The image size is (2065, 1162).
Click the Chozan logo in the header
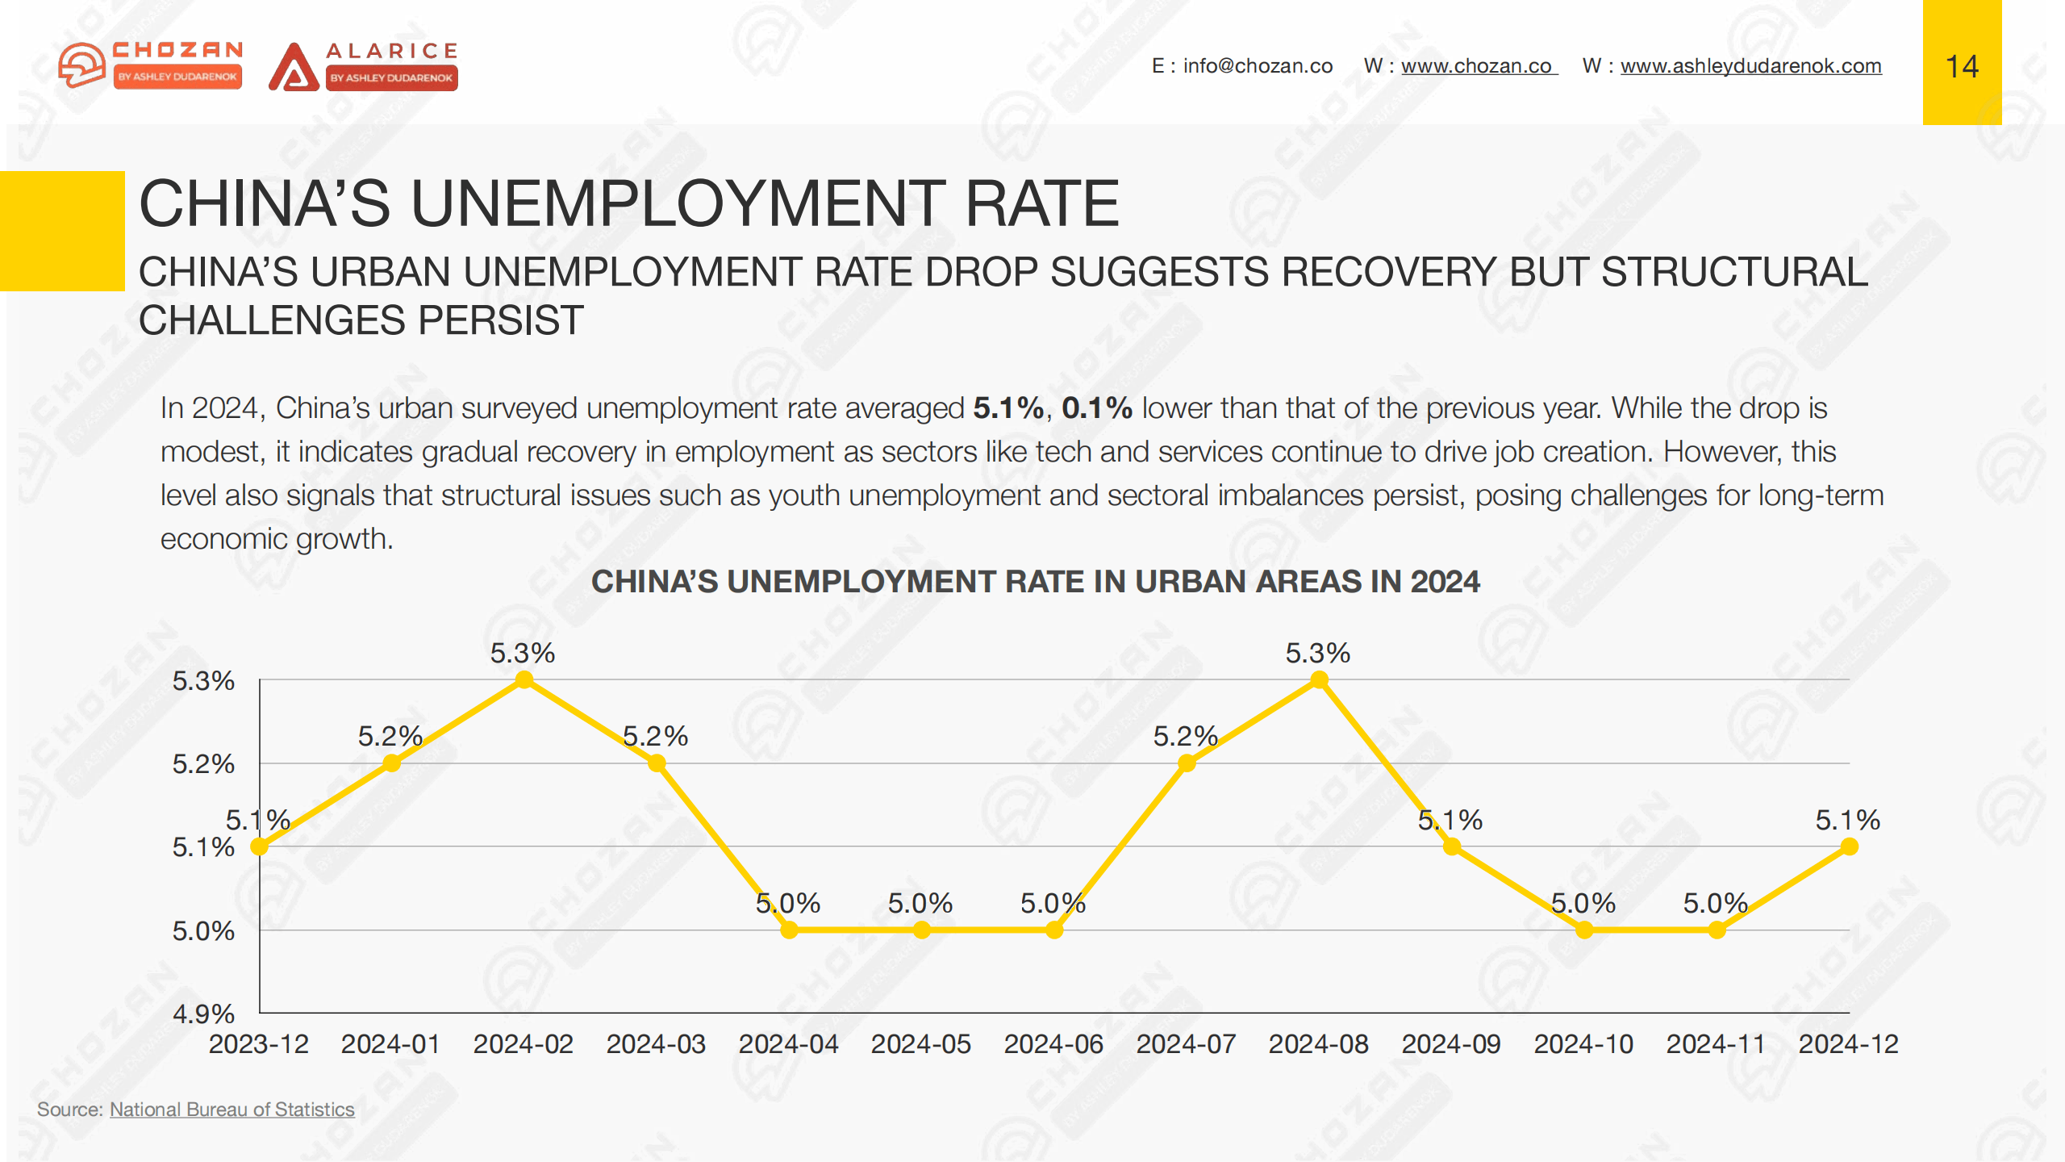coord(151,65)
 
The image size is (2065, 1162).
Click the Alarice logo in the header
coord(364,66)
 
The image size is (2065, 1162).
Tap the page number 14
coord(1962,66)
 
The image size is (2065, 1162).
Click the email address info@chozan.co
coord(1258,66)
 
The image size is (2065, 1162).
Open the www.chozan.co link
coord(1477,66)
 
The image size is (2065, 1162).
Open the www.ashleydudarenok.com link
coord(1750,66)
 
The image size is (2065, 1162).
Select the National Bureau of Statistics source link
coord(232,1110)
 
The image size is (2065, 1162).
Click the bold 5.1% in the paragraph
coord(1008,408)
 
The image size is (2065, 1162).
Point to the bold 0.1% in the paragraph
coord(1096,408)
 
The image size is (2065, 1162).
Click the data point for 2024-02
coord(524,680)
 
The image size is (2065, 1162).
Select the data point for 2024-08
coord(1319,680)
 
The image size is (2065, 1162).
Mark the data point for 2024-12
coord(1850,846)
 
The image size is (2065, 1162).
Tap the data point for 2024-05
coord(922,930)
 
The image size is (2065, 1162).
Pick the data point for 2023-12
coord(259,846)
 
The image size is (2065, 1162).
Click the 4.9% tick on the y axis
coord(203,1014)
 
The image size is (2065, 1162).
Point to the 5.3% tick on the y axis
coord(203,681)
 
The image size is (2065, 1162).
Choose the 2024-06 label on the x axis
coord(1053,1044)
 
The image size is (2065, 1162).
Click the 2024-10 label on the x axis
coord(1583,1044)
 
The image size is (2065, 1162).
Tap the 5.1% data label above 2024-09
coord(1450,821)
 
